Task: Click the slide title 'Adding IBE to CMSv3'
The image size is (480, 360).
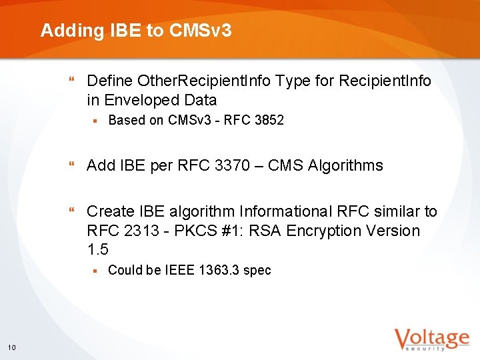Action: (136, 30)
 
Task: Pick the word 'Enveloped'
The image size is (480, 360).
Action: (137, 101)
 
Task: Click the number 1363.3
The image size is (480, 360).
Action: (219, 271)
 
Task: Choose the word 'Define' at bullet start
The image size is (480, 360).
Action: (109, 81)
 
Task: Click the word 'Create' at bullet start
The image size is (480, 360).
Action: (110, 212)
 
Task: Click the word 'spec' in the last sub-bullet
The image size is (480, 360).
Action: (257, 271)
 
